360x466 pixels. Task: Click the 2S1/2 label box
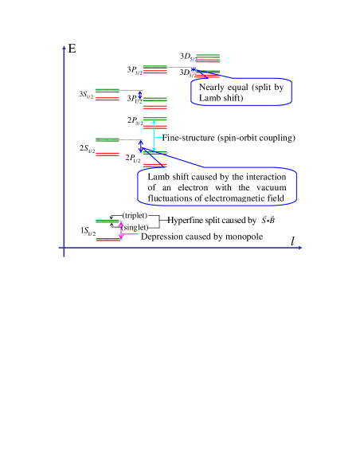click(x=85, y=149)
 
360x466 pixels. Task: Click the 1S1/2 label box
click(x=86, y=231)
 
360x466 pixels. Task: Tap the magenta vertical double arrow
click(x=121, y=230)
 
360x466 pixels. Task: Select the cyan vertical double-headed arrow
click(x=154, y=135)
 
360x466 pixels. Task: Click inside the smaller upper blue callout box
click(x=241, y=92)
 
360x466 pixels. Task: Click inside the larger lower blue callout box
click(x=217, y=186)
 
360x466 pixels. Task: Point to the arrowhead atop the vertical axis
click(x=64, y=48)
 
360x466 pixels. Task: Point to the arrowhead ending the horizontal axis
click(x=300, y=248)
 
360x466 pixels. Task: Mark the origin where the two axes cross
click(x=64, y=248)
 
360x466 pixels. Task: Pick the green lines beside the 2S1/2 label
click(x=108, y=139)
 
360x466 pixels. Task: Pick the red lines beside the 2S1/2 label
click(x=108, y=154)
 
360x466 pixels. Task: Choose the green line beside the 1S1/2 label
click(x=108, y=221)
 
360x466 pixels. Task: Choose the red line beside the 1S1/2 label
click(x=108, y=240)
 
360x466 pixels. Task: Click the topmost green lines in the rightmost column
click(x=208, y=56)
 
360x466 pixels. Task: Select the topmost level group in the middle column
click(x=155, y=69)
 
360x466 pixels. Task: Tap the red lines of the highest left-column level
click(x=108, y=100)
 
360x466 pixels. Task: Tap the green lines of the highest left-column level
click(x=108, y=89)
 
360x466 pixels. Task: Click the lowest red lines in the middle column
click(x=155, y=165)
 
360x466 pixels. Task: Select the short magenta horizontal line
click(x=130, y=234)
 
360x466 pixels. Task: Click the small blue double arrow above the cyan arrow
click(x=140, y=95)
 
